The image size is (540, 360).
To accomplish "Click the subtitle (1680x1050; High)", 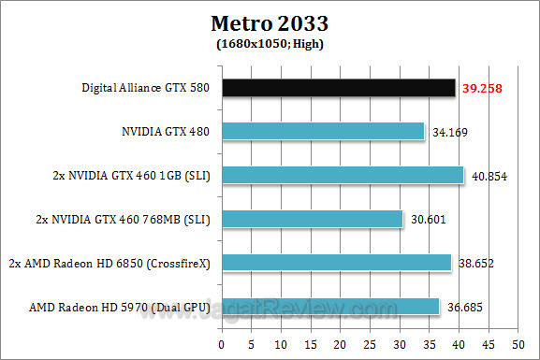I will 270,42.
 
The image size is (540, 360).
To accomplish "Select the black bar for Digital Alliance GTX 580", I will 340,88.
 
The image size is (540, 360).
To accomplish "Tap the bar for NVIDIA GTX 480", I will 325,132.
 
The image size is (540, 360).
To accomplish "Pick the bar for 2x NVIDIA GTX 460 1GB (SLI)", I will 344,175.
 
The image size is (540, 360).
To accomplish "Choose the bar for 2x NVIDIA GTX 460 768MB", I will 314,219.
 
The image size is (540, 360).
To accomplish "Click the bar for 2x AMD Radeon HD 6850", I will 338,263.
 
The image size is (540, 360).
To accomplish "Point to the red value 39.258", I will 480,88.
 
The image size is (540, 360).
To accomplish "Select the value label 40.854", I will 488,175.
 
